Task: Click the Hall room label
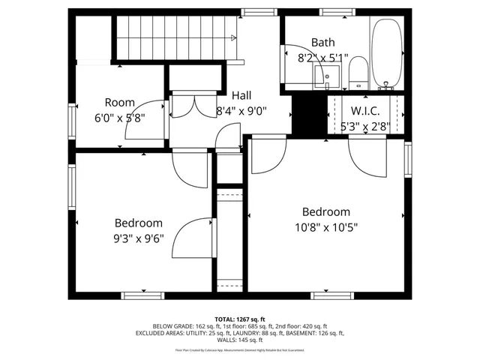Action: [241, 95]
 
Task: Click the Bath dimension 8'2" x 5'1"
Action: [322, 57]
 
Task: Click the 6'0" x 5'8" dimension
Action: [119, 118]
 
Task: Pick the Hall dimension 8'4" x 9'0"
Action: [241, 111]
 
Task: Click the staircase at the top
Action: [175, 37]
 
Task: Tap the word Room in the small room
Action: [119, 102]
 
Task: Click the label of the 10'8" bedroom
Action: [325, 212]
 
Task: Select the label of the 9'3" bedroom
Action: [138, 223]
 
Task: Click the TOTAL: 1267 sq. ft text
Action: [240, 319]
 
